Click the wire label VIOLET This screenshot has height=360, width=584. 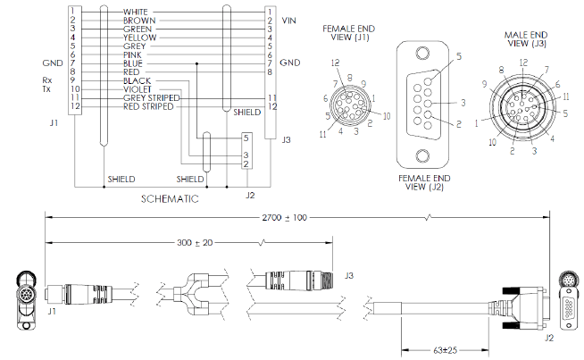click(135, 89)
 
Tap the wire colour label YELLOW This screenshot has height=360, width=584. click(139, 38)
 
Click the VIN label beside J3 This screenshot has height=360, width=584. click(288, 20)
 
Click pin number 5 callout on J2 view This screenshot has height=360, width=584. click(458, 56)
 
